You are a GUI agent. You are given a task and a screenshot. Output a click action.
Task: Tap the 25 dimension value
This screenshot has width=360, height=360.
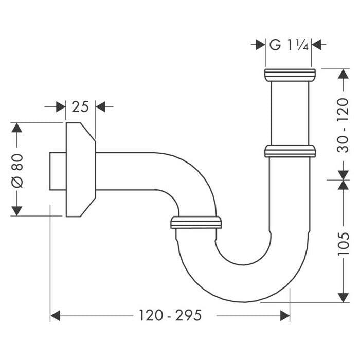(80, 107)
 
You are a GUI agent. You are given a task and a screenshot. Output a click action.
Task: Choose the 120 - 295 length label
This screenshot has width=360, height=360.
(170, 315)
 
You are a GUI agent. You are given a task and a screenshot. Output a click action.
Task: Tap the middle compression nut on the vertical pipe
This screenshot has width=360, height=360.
(290, 151)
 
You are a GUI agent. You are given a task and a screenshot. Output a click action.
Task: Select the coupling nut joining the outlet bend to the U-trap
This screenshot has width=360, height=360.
(196, 223)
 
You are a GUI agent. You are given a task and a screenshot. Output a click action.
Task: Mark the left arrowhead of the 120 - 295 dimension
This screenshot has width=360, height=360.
(55, 315)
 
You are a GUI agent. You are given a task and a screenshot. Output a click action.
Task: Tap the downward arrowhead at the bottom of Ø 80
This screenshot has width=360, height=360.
(17, 210)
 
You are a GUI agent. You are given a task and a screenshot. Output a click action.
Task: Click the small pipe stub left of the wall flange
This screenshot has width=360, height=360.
(57, 171)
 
